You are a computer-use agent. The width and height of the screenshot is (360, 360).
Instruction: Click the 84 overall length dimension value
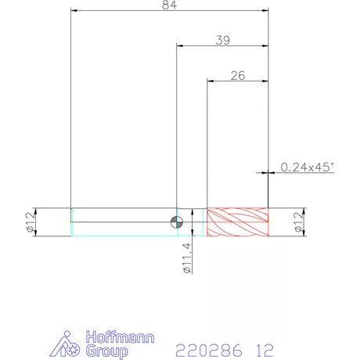coord(169,5)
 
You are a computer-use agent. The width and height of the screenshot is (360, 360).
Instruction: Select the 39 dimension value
coord(223,40)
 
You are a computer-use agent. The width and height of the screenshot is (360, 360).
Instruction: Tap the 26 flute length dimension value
coord(238,76)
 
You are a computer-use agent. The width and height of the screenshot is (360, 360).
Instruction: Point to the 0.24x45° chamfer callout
coord(307,167)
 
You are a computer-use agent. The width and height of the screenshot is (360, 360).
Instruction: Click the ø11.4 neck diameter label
coord(187,257)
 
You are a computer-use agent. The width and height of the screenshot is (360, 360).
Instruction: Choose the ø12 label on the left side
coord(30,222)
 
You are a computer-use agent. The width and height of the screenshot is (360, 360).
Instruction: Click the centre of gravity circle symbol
coord(177,222)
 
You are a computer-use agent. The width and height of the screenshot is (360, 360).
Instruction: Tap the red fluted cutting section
coord(238,222)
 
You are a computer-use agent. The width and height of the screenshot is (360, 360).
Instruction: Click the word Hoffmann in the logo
coord(120,337)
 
